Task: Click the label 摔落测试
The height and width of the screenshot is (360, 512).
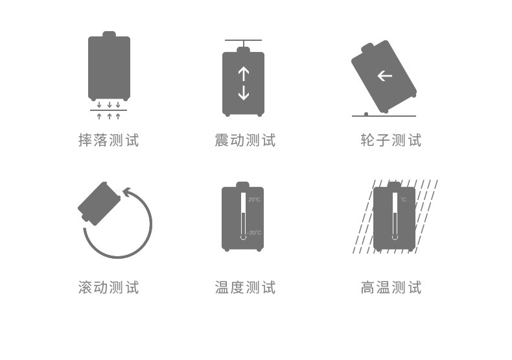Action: click(108, 140)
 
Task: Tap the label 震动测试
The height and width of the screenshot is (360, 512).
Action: click(244, 140)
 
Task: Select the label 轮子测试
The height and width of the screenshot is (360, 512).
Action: click(391, 140)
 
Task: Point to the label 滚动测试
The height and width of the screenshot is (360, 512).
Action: click(108, 287)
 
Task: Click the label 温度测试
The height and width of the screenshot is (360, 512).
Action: click(244, 287)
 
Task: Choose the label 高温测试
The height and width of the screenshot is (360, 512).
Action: click(391, 287)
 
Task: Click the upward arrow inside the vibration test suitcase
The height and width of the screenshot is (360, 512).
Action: click(243, 73)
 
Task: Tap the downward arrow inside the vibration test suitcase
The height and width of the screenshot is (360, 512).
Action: click(243, 93)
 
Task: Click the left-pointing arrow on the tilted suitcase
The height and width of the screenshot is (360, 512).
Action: click(384, 76)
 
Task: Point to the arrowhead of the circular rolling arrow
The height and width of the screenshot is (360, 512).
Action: click(128, 193)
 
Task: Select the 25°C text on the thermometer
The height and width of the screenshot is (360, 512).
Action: click(254, 199)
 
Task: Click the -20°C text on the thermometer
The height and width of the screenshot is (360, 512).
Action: click(253, 232)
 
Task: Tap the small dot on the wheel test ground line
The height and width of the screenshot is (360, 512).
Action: click(366, 114)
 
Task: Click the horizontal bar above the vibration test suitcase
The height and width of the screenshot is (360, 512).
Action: click(243, 41)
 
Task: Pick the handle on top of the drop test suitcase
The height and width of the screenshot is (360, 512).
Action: click(109, 34)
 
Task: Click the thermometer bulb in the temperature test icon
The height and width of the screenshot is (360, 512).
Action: click(243, 236)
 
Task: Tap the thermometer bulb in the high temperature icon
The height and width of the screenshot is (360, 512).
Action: click(394, 237)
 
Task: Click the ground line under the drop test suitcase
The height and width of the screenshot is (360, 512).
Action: click(108, 110)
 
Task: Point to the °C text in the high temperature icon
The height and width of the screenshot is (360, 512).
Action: click(403, 200)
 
